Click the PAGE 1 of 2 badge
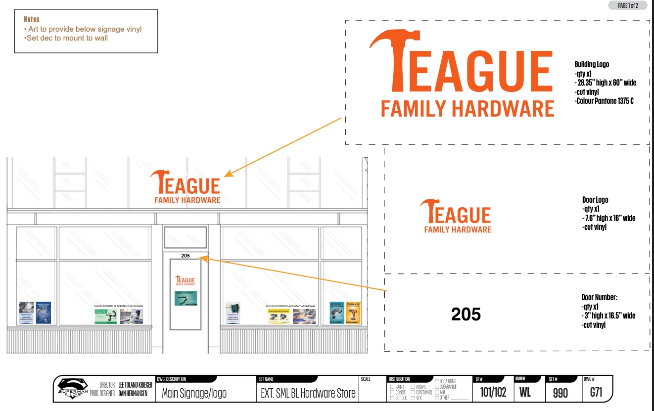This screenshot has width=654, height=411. pyautogui.click(x=628, y=5)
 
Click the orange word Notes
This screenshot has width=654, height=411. pyautogui.click(x=31, y=20)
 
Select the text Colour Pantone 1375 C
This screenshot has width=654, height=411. pyautogui.click(x=605, y=101)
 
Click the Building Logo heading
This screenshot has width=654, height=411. pyautogui.click(x=592, y=64)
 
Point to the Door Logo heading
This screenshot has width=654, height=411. pyautogui.click(x=595, y=200)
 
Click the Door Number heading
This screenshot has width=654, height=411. pyautogui.click(x=599, y=297)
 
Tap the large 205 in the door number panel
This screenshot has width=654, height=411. pyautogui.click(x=466, y=314)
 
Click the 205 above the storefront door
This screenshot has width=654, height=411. pyautogui.click(x=186, y=256)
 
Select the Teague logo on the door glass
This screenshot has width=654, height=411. pyautogui.click(x=185, y=280)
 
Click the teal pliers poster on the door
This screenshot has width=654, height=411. pyautogui.click(x=186, y=298)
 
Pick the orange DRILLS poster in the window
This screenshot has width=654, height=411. pyautogui.click(x=353, y=313)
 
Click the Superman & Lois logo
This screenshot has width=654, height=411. pyautogui.click(x=73, y=389)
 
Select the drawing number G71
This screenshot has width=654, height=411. pyautogui.click(x=596, y=393)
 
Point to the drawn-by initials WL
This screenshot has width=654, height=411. pyautogui.click(x=525, y=393)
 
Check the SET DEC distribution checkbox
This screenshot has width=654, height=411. pyautogui.click(x=392, y=398)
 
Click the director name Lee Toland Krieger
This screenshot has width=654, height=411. pyautogui.click(x=135, y=385)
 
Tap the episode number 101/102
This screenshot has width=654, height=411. pyautogui.click(x=493, y=393)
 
